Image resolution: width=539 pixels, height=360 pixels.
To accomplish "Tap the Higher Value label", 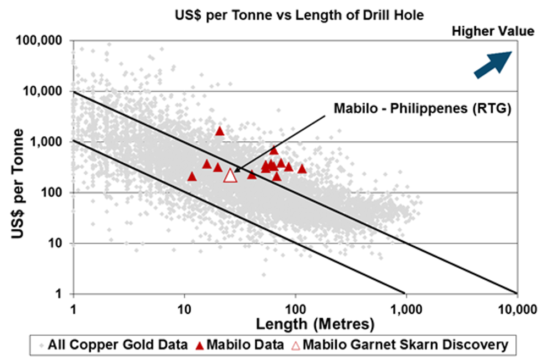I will pos(492,31).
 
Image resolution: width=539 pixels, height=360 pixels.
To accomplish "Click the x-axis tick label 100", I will pos(296,306).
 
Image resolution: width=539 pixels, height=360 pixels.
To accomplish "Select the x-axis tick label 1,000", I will pos(405,306).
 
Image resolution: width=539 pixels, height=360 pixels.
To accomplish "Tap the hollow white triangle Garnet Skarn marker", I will pos(230,176).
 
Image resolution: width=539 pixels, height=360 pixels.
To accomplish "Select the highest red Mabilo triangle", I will pos(220,131).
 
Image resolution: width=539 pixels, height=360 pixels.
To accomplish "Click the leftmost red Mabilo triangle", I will pos(192,176).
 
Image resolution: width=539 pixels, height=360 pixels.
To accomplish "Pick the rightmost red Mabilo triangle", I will pos(302,168).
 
